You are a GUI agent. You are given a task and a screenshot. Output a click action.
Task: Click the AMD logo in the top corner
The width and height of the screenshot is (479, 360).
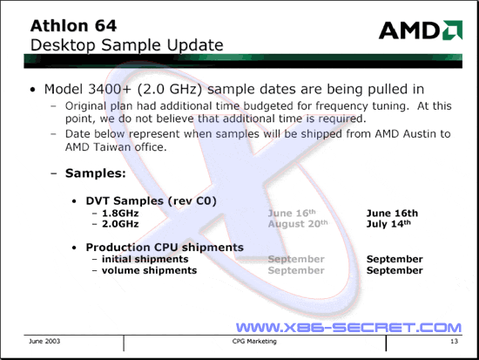pos(421,30)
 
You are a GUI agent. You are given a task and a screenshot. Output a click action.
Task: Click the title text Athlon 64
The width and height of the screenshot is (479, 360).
pos(73,25)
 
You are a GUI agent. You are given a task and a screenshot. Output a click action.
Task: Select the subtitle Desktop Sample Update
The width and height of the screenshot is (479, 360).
pos(127,45)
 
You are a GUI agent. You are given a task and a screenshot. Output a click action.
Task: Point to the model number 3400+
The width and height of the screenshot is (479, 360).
pos(110,89)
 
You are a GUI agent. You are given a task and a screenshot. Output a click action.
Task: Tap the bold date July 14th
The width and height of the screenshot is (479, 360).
pos(388,224)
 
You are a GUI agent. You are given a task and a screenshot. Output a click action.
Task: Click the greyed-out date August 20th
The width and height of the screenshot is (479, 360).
pos(298,224)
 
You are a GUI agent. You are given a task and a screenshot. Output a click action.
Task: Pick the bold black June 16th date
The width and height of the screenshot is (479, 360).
pos(392,214)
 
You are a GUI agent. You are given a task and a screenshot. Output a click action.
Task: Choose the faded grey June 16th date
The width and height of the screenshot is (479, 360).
pos(292,214)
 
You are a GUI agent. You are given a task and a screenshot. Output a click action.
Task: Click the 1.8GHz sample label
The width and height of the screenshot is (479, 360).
pos(120,214)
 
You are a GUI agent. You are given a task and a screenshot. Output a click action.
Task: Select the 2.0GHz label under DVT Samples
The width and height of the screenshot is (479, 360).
pos(120,224)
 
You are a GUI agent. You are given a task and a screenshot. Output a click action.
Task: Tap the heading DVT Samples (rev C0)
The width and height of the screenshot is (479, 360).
pos(152,201)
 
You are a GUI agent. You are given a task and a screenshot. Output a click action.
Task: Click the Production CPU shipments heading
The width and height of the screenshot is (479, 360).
pos(165,248)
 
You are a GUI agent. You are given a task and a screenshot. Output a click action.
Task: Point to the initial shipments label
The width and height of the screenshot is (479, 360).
pos(145,259)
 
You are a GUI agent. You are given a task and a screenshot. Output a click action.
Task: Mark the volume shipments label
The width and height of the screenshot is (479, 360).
pos(150,270)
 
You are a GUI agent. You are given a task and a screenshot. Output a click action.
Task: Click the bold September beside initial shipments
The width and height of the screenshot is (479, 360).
pos(395,260)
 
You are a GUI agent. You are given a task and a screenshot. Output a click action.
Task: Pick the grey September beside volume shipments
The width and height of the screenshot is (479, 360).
pos(296,271)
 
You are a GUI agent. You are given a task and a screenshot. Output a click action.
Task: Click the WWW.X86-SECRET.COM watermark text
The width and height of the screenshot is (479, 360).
pos(348,328)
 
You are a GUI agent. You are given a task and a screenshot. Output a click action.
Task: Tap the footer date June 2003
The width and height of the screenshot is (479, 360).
pos(44,341)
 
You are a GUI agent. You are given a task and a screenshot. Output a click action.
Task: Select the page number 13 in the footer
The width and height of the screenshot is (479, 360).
pos(455,341)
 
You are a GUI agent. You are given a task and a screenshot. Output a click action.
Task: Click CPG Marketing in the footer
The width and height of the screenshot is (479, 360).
pos(254,341)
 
